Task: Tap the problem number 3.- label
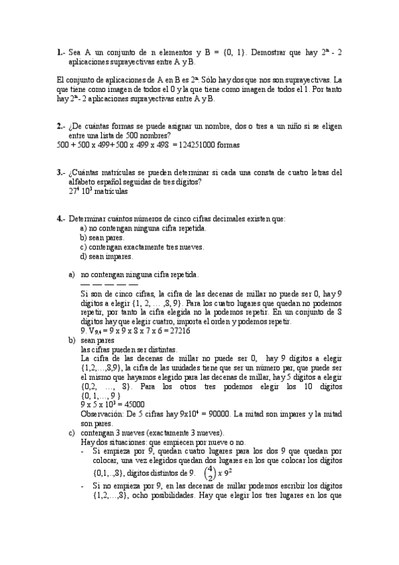click(x=61, y=172)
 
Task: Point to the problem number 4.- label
click(x=61, y=218)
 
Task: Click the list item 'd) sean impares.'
click(x=107, y=256)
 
